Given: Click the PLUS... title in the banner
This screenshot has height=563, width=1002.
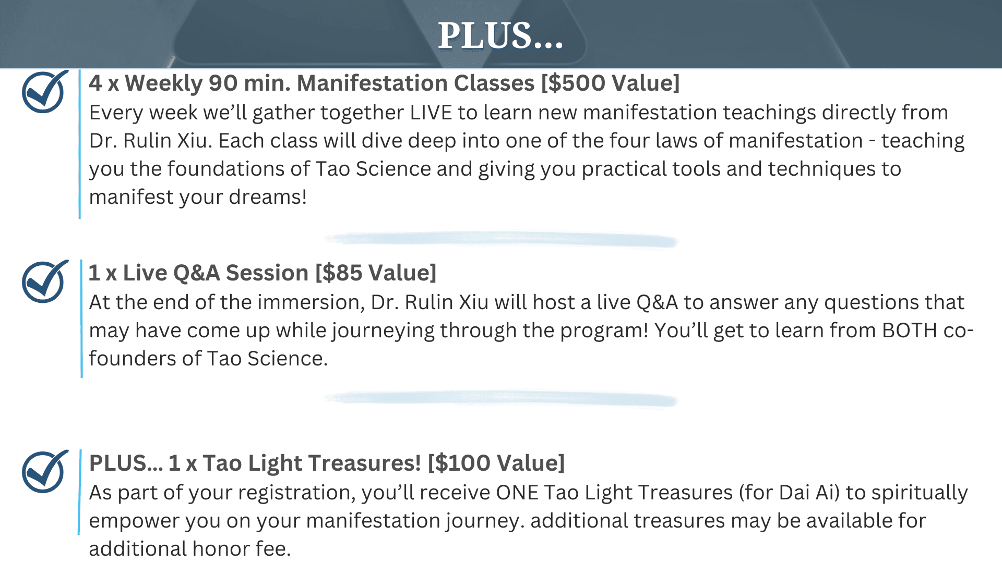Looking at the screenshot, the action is point(500,36).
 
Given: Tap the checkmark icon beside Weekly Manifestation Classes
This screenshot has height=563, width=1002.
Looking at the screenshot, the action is point(45,92).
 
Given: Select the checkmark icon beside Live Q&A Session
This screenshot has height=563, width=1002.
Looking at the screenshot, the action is point(45,281).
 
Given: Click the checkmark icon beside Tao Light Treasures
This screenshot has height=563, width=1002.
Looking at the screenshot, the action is point(45,472).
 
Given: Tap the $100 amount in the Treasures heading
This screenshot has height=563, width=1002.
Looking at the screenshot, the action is point(462,463).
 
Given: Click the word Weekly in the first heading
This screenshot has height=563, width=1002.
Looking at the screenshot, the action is point(163,83).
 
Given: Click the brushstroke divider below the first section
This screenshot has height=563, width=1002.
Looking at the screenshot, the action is point(500,239).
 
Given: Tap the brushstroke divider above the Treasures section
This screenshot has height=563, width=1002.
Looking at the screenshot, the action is point(500,399).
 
